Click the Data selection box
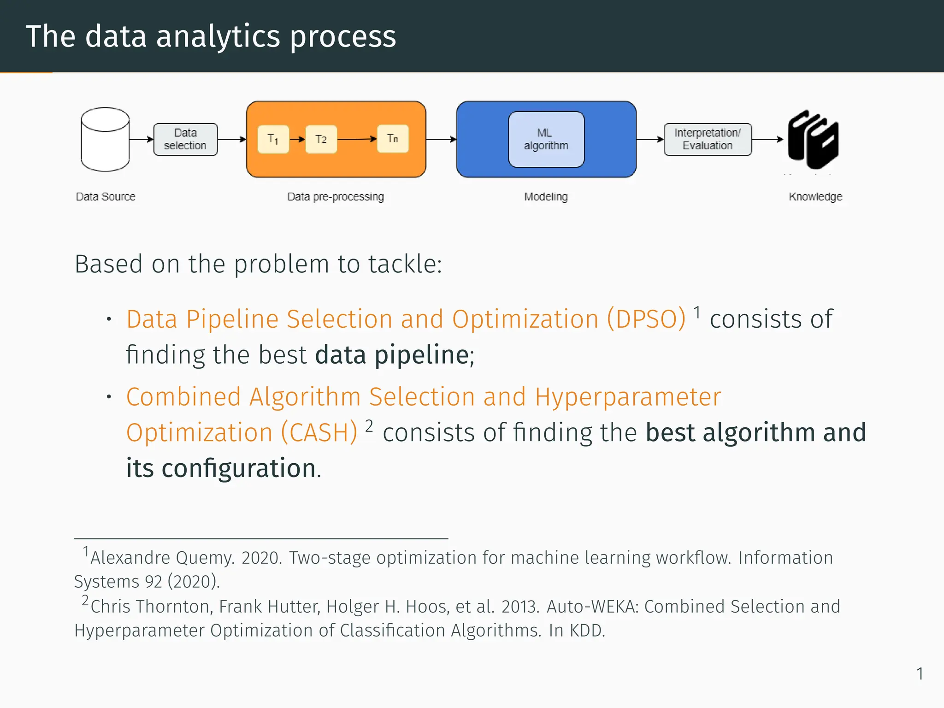[185, 139]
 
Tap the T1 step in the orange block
[273, 139]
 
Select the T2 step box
[321, 139]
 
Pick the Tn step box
[393, 138]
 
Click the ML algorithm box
[546, 139]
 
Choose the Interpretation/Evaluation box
[708, 139]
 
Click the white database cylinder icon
[105, 139]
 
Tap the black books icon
[813, 139]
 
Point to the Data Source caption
[106, 197]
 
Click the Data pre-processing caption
[336, 197]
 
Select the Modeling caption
[546, 197]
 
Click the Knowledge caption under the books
[815, 197]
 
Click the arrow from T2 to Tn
[357, 139]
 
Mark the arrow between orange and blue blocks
[441, 139]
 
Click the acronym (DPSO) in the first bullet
[646, 319]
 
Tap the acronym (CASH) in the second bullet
[319, 433]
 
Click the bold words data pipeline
[392, 355]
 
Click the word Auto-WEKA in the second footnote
[592, 607]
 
